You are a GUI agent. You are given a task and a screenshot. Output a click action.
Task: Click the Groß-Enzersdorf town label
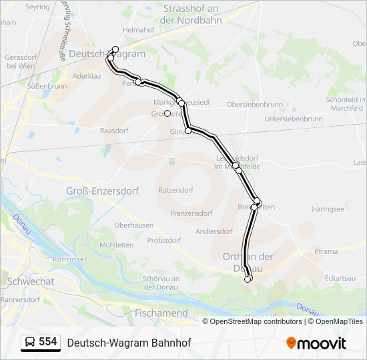[x=102, y=191]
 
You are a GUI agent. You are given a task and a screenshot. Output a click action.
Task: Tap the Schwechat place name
[x=30, y=281]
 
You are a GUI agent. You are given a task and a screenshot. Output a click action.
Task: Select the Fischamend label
[x=161, y=313]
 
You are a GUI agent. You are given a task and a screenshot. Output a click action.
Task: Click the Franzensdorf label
[x=192, y=213]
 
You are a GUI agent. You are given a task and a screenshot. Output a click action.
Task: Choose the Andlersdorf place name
[x=214, y=231]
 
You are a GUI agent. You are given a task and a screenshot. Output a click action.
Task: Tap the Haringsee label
[x=328, y=209]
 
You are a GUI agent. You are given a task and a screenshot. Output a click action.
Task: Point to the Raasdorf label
[x=114, y=131]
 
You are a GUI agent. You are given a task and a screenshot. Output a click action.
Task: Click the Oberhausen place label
[x=133, y=225]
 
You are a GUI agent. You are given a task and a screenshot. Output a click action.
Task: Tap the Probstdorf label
[x=164, y=240]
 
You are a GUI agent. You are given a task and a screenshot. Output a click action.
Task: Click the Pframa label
[x=326, y=252]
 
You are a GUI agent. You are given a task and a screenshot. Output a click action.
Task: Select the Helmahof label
[x=139, y=30]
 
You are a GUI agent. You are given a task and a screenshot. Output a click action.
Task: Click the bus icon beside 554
[x=30, y=343]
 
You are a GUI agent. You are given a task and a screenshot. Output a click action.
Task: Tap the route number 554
[x=47, y=342]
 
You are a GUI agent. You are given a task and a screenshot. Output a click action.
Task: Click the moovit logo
[x=316, y=343]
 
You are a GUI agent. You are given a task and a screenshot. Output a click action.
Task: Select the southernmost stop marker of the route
[x=248, y=279]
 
